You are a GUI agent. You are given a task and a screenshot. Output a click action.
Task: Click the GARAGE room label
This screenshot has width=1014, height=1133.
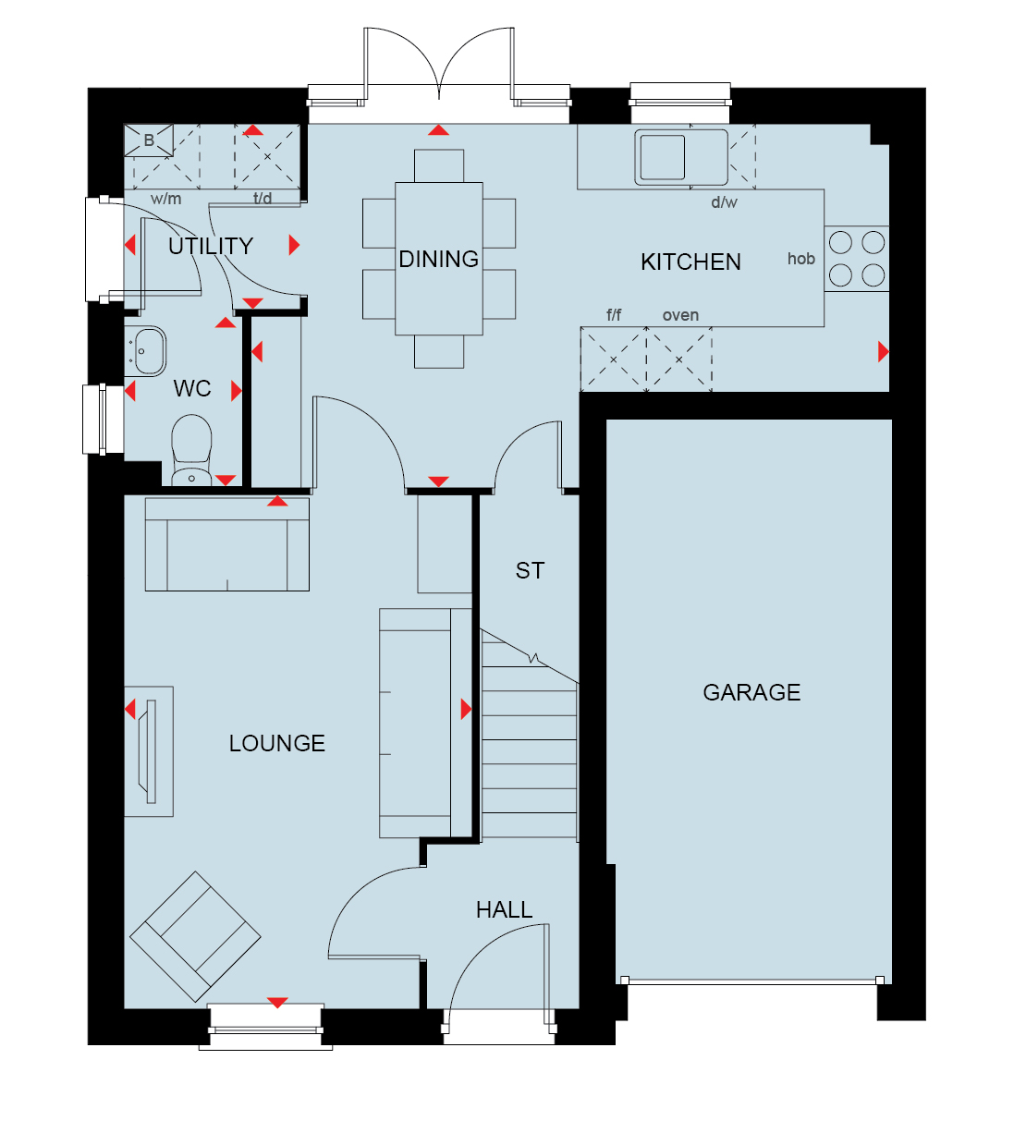click(x=751, y=692)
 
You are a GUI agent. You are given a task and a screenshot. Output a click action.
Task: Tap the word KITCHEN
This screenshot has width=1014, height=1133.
click(x=690, y=262)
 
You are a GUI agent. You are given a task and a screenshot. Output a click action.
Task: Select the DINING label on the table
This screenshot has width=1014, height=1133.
click(x=438, y=259)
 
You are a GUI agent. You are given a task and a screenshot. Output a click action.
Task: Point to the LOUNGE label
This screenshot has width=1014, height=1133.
click(x=277, y=743)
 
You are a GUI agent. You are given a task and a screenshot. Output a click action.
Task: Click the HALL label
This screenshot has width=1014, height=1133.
click(x=504, y=910)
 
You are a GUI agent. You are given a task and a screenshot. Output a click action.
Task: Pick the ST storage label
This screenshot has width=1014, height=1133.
click(x=530, y=570)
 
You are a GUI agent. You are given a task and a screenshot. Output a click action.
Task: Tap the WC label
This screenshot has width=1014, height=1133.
click(x=192, y=389)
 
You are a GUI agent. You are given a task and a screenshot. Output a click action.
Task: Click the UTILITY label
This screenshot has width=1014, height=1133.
click(x=211, y=246)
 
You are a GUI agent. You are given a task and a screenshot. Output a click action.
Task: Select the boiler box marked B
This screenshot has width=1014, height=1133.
click(x=149, y=140)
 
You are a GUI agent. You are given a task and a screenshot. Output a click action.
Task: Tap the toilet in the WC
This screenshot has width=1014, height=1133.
click(x=191, y=450)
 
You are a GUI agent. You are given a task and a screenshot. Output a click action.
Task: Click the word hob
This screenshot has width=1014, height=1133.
click(x=800, y=259)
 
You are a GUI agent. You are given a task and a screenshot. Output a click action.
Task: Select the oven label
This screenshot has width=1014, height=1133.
click(x=680, y=315)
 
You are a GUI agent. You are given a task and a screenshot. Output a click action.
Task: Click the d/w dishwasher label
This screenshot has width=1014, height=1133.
click(x=725, y=201)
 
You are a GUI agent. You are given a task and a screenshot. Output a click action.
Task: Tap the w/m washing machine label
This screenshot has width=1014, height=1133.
click(x=166, y=199)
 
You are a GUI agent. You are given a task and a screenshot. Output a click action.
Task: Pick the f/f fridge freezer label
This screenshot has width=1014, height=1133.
click(x=614, y=315)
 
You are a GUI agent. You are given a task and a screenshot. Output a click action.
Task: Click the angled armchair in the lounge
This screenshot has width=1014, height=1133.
click(x=195, y=936)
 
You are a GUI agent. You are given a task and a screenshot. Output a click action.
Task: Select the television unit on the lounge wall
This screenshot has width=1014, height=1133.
click(x=149, y=751)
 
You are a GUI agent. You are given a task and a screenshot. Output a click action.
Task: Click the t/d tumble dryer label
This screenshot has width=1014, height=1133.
click(x=263, y=198)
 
